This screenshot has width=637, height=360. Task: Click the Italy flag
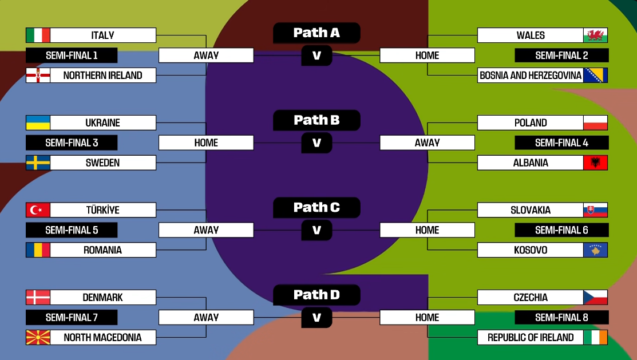[x=38, y=35]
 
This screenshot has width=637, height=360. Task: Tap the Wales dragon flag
[x=595, y=35]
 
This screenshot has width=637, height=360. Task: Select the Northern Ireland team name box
[x=103, y=76]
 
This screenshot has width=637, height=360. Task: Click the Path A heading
[x=316, y=33]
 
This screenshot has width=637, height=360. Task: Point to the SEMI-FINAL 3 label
[x=72, y=143]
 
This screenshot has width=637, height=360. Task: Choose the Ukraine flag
[x=38, y=123]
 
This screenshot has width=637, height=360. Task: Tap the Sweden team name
[x=103, y=163]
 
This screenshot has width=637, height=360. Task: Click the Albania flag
[x=595, y=163]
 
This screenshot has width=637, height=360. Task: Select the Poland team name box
[x=531, y=123]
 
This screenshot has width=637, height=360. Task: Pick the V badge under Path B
[x=316, y=143]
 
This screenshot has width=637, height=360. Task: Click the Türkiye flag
[x=38, y=210]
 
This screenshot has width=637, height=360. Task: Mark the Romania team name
[x=103, y=250]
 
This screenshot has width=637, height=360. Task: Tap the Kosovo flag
[x=595, y=250]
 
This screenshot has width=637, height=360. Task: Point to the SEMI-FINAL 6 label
[x=561, y=230]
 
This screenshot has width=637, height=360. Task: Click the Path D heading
[x=316, y=295]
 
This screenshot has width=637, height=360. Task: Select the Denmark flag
[x=38, y=298]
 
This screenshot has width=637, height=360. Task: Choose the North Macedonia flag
[x=38, y=338]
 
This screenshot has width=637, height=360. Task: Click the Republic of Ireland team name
[x=531, y=338]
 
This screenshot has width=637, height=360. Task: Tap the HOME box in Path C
[x=427, y=230]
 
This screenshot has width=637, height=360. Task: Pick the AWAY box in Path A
[x=206, y=56]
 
